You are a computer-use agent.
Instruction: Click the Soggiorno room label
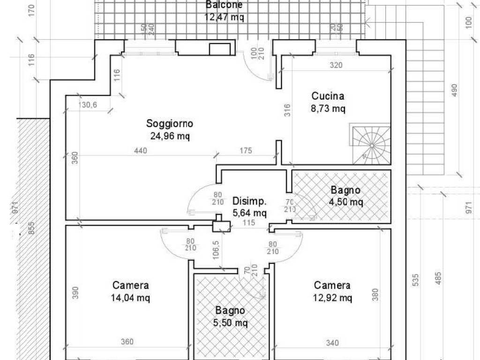(x=170, y=124)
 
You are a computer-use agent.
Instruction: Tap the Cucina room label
(x=328, y=96)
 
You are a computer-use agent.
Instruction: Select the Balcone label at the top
(x=224, y=5)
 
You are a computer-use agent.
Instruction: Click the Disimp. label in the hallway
(x=249, y=202)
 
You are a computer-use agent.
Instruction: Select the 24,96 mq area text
(x=170, y=136)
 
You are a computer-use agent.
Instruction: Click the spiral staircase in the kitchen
(x=370, y=144)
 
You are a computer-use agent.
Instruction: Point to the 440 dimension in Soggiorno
(x=140, y=150)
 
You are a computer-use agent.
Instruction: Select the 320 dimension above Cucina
(x=336, y=66)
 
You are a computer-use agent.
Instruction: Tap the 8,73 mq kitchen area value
(x=328, y=109)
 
